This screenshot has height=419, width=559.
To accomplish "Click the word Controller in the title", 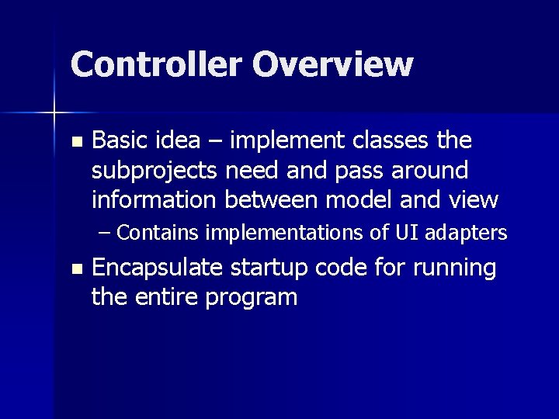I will point(156,64).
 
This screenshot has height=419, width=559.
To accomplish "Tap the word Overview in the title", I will point(332,64).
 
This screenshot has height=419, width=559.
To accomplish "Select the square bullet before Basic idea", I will point(75,142).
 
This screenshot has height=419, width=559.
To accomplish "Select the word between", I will point(271,199).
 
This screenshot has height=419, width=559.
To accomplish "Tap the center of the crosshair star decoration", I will point(54,113).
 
